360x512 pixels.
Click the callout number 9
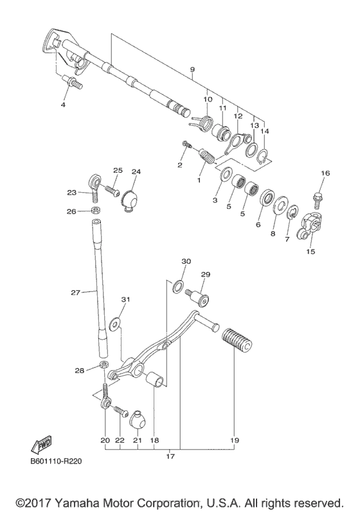coord(192,69)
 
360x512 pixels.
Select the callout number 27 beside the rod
coord(76,292)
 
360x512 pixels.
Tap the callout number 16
coord(325,173)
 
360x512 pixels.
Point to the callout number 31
coord(126,299)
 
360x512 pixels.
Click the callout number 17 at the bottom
coord(170,457)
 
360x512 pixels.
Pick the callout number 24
coord(136,172)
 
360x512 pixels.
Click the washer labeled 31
coord(116,323)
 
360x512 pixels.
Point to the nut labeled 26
coord(94,211)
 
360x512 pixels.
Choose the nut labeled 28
coord(104,367)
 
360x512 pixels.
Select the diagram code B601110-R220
coord(55,460)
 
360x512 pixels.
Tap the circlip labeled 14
coord(264,156)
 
